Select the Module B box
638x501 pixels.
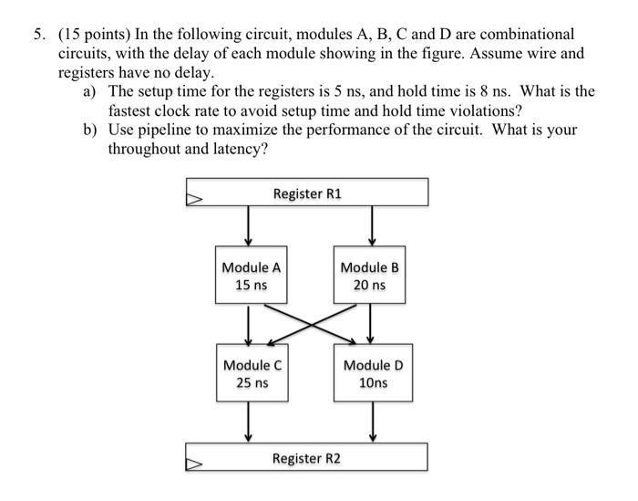[x=369, y=276]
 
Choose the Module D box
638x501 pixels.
[x=373, y=372]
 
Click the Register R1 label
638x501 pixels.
[x=308, y=193]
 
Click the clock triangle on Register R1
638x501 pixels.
[x=194, y=195]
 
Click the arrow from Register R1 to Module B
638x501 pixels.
[x=371, y=224]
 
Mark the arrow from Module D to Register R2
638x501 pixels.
[x=372, y=423]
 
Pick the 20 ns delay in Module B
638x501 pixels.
[x=369, y=286]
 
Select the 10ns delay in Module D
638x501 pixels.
[x=373, y=382]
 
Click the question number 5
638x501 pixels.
[x=39, y=35]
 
